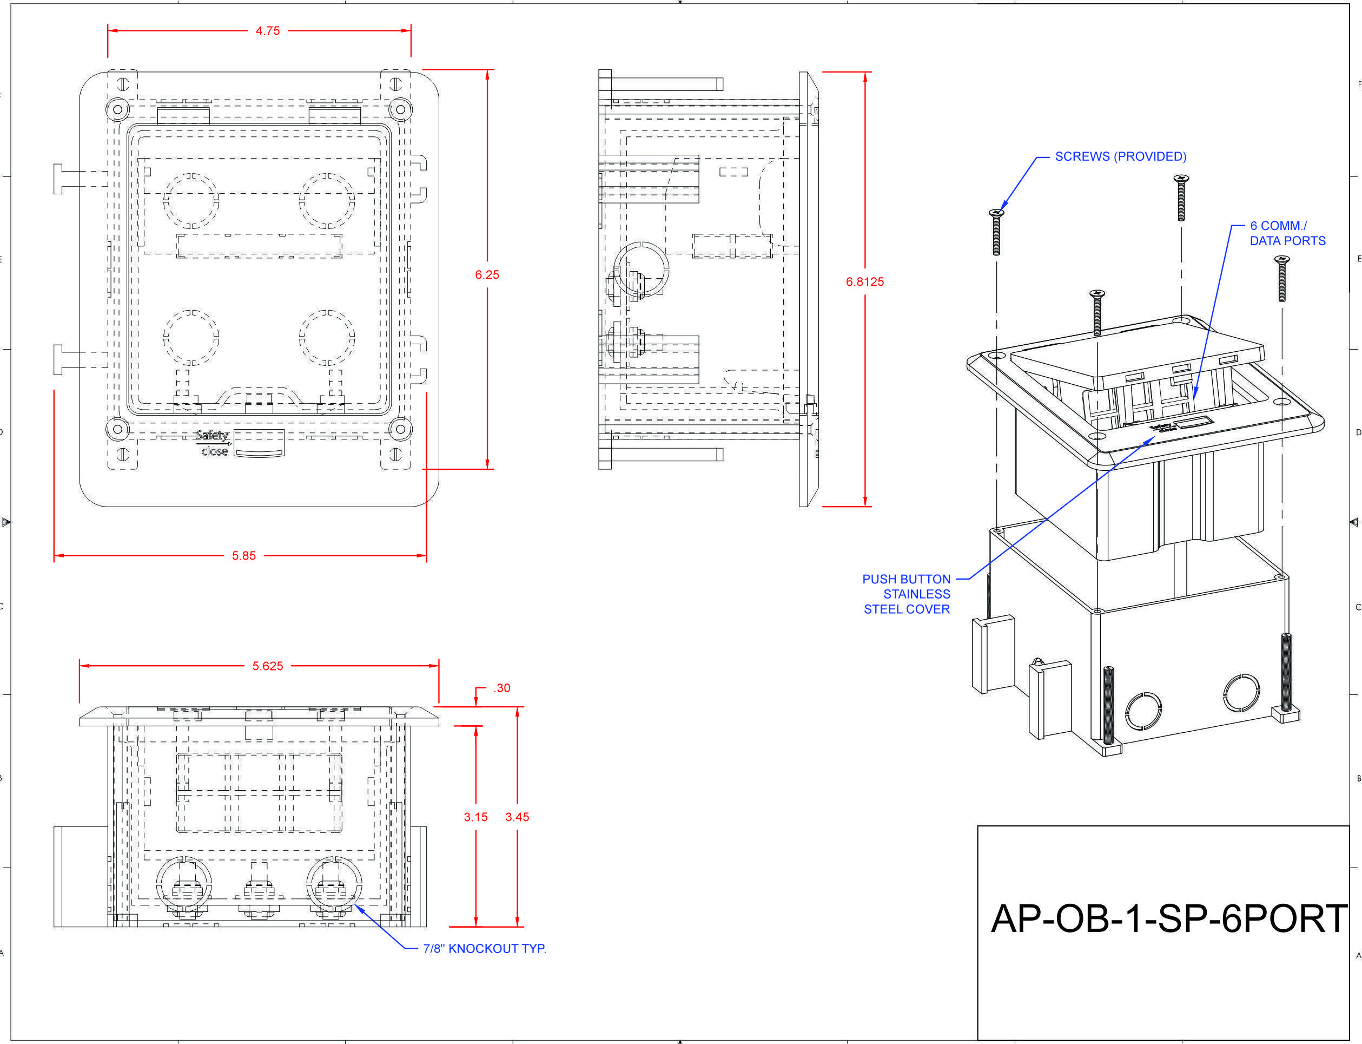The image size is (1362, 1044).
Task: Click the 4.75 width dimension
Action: pyautogui.click(x=268, y=31)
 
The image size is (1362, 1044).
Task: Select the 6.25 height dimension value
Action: pyautogui.click(x=487, y=275)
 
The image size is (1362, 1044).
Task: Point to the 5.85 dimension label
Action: pyautogui.click(x=243, y=556)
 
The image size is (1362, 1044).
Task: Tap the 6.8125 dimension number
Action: pyautogui.click(x=864, y=281)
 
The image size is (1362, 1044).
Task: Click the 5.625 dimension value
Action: pyautogui.click(x=268, y=666)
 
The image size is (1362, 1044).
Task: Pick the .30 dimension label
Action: pyautogui.click(x=502, y=688)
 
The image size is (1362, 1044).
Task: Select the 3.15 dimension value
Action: pyautogui.click(x=476, y=817)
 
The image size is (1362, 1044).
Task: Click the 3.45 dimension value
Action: pyautogui.click(x=517, y=817)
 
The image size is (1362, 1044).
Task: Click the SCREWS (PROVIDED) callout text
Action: pyautogui.click(x=1120, y=156)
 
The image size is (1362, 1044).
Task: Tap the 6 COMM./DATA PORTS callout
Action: pyautogui.click(x=1287, y=233)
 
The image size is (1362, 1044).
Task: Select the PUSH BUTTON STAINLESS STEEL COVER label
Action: pyautogui.click(x=907, y=594)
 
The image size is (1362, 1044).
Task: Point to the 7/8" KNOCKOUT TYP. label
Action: pyautogui.click(x=485, y=948)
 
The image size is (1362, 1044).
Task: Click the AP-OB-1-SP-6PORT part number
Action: pyautogui.click(x=1168, y=918)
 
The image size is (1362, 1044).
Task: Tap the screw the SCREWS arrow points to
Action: pyautogui.click(x=996, y=232)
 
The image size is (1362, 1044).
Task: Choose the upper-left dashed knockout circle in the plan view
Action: pyautogui.click(x=191, y=201)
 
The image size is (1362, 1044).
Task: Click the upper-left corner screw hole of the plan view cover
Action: pyautogui.click(x=117, y=109)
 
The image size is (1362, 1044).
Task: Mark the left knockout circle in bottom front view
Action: pyautogui.click(x=184, y=885)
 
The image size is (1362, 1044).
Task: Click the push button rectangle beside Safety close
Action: pyautogui.click(x=260, y=444)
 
